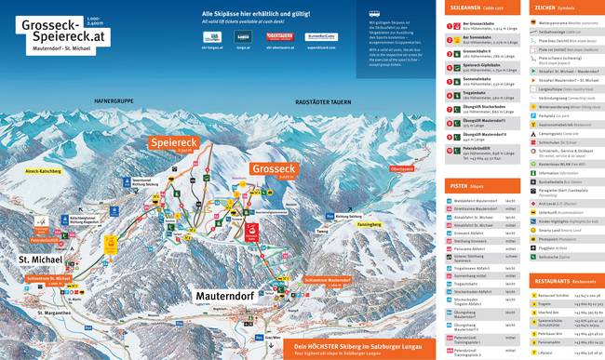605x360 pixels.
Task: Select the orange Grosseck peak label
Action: pos(272,169)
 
